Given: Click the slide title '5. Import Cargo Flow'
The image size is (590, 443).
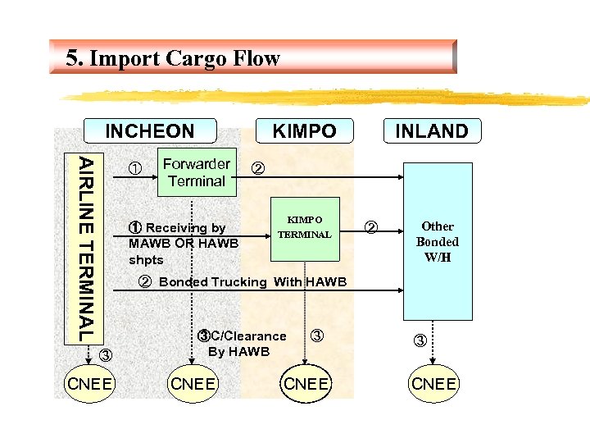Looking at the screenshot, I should coord(173,58).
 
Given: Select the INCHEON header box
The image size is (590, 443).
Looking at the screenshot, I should coord(149,131).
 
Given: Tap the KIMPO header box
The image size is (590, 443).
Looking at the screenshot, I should coord(304,131).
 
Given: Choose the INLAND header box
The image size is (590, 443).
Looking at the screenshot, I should coord(431,131).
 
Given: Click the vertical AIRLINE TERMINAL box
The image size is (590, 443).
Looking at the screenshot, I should coord(89,247).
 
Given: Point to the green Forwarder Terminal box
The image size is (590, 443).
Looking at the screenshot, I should coord(196,172).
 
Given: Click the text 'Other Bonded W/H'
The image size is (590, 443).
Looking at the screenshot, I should coord(438,241).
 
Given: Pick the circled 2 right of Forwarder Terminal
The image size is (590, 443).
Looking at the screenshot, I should coord(257,169).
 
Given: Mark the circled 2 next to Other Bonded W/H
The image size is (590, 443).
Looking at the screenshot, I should coord(370,226).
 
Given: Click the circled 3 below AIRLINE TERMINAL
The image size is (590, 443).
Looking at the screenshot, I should coord(104,355).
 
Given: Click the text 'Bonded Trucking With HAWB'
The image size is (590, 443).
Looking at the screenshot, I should coord(252,282).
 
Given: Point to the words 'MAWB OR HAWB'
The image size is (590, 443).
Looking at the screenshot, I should coord(184,243).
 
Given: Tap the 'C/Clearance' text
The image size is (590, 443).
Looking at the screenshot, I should coord(248,336).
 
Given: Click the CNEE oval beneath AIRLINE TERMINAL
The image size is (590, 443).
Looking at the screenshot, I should coord(90,385).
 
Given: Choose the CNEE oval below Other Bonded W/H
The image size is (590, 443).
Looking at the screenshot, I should coord(434,385).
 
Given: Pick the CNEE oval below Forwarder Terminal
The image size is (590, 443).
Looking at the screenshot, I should coord(193,385).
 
